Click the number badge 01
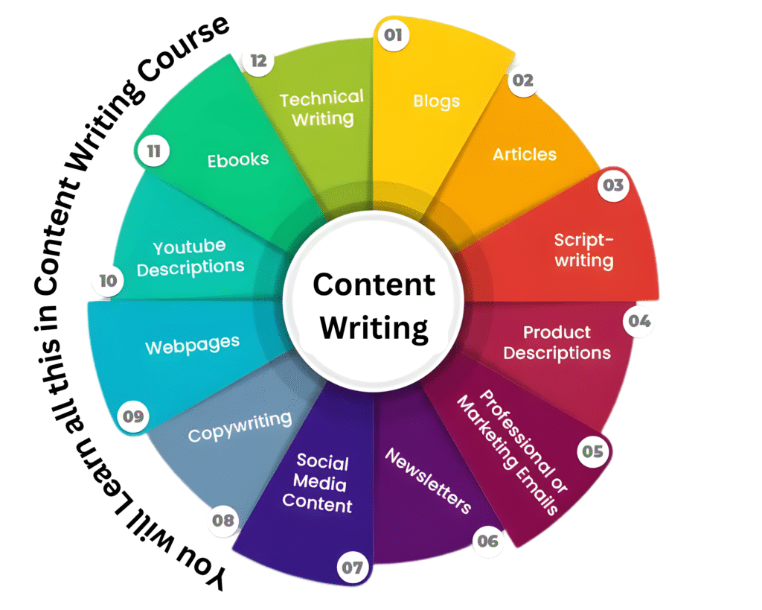pyautogui.click(x=393, y=35)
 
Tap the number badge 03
pyautogui.click(x=613, y=185)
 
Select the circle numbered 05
pyautogui.click(x=593, y=451)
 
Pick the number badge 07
pyautogui.click(x=352, y=568)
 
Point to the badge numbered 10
pyautogui.click(x=109, y=282)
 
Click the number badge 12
pyautogui.click(x=258, y=61)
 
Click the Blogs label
pyautogui.click(x=437, y=101)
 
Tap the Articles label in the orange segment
pyautogui.click(x=525, y=154)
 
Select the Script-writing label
pyautogui.click(x=584, y=250)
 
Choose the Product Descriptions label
pyautogui.click(x=557, y=343)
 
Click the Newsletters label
pyautogui.click(x=429, y=481)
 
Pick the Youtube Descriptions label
pyautogui.click(x=190, y=258)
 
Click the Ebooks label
pyautogui.click(x=238, y=159)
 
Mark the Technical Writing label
pyautogui.click(x=321, y=108)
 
